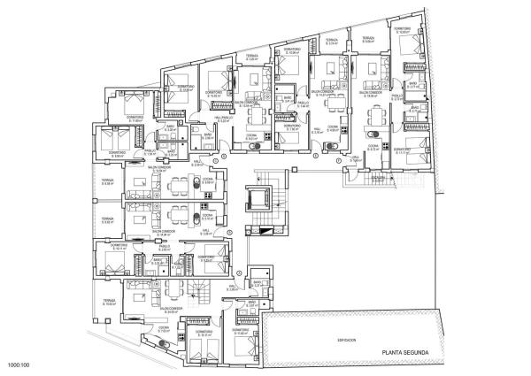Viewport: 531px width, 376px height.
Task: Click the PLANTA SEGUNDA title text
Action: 401,353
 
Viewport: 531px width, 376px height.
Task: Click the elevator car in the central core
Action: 260,197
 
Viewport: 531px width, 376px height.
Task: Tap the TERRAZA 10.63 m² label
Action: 108,303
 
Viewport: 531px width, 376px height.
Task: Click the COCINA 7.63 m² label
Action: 163,329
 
